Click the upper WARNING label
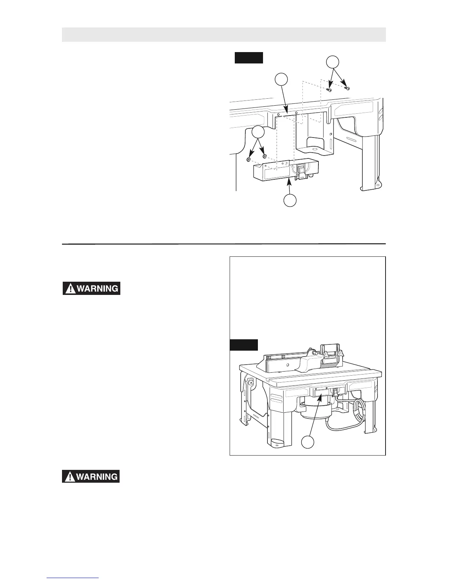pos(92,288)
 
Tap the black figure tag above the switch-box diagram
pos(249,58)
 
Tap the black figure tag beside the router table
pos(244,345)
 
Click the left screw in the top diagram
pos(330,89)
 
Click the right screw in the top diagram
pos(347,88)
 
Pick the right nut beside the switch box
pos(264,157)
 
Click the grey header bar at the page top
pos(224,34)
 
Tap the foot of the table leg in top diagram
pos(370,187)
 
